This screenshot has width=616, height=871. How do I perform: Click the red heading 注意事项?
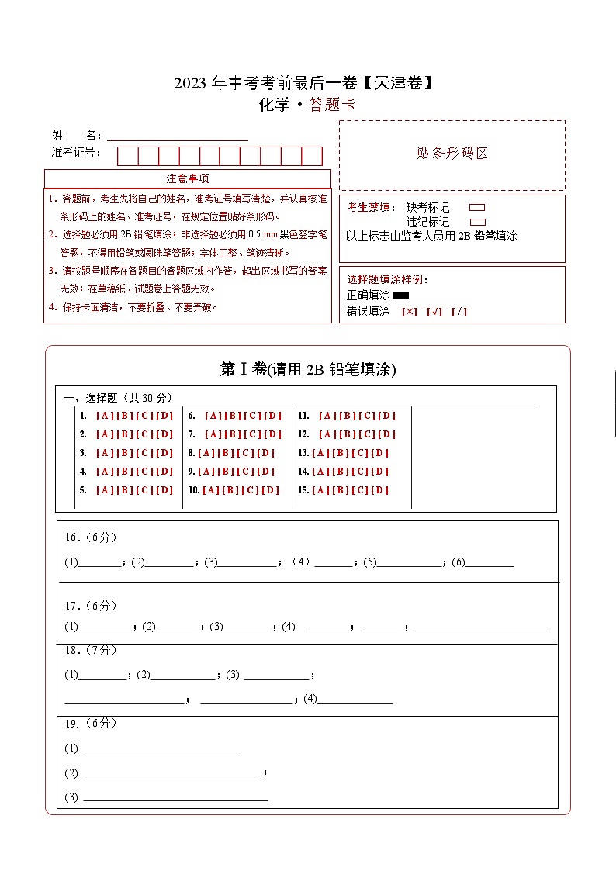[188, 178]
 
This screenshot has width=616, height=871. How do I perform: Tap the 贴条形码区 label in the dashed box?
[452, 154]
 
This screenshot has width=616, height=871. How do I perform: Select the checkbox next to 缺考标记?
[477, 208]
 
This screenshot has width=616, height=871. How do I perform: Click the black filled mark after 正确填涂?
[401, 295]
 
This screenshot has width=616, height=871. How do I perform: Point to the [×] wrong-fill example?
[409, 312]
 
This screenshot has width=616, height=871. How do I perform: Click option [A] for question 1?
[104, 416]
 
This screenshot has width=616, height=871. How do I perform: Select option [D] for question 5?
[164, 490]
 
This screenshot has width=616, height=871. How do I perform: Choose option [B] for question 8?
[226, 453]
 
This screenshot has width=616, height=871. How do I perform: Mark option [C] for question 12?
[367, 434]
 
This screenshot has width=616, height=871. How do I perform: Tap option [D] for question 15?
[379, 490]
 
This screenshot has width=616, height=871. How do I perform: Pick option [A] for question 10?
[210, 490]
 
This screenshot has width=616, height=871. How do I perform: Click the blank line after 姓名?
[178, 135]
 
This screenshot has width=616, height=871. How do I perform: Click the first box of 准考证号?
[127, 156]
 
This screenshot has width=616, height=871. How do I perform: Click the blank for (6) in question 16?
[490, 563]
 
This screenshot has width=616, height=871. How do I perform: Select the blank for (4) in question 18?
[355, 699]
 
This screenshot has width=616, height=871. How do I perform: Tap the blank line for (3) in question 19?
[175, 797]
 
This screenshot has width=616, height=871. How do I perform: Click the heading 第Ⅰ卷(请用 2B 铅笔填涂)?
[308, 370]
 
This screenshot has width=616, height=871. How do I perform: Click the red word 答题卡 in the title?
[332, 105]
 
